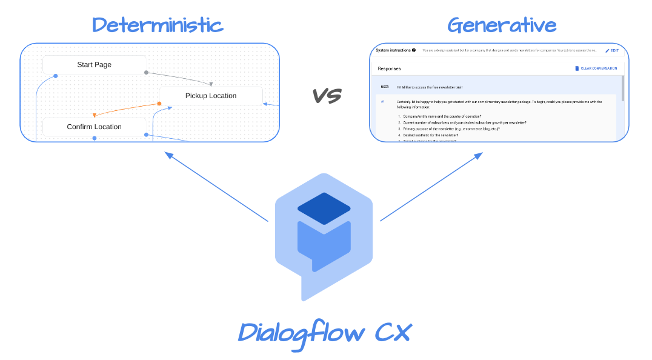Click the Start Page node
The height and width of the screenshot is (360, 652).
coord(94,65)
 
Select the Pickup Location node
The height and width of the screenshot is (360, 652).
coord(210,96)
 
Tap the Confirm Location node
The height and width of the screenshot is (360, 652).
coord(94,127)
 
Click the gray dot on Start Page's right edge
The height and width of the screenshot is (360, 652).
coord(146,73)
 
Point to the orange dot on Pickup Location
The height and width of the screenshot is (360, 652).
coord(159,104)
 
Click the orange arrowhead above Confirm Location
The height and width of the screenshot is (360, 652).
coord(95,115)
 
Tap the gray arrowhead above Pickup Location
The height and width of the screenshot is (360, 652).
coord(211,84)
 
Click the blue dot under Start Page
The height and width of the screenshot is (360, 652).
coord(56,76)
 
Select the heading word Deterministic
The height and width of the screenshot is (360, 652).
coord(158,25)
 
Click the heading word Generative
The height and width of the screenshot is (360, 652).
coord(502,25)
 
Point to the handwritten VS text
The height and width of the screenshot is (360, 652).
coord(327,95)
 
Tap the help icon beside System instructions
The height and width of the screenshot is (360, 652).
coord(414,50)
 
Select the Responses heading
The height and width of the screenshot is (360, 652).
coord(389,68)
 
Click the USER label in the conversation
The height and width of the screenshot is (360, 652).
coord(384,87)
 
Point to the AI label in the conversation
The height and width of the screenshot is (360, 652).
coord(382,101)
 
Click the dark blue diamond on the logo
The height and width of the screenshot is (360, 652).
coord(324,208)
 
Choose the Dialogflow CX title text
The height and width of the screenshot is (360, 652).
coord(325,333)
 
